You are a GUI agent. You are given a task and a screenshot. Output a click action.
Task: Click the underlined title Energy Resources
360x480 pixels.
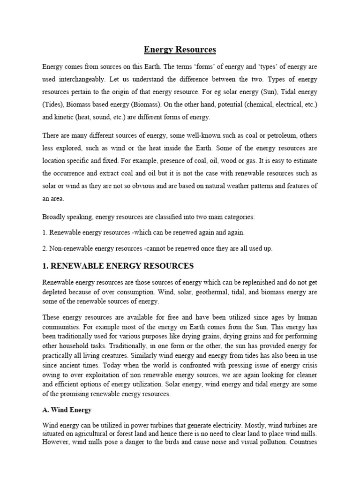click(x=180, y=49)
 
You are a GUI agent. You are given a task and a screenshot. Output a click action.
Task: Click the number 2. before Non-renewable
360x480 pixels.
click(x=45, y=248)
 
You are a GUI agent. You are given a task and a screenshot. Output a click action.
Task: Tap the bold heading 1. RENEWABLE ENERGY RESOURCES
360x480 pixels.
click(x=118, y=266)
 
